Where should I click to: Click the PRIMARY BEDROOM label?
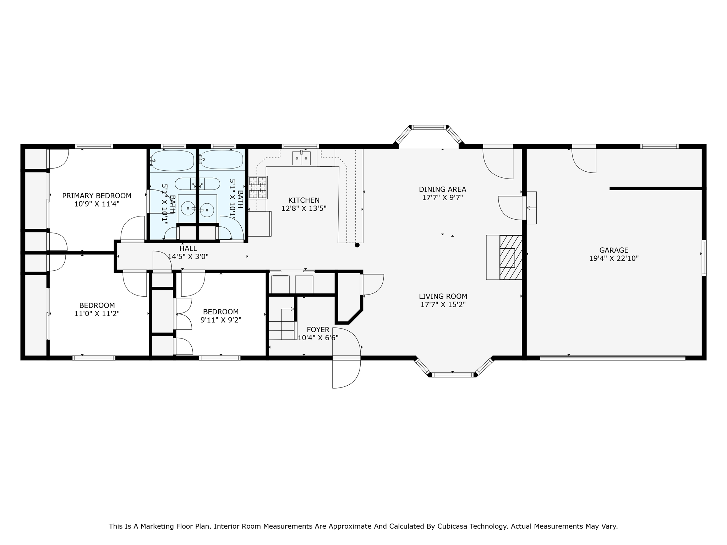pyautogui.click(x=97, y=196)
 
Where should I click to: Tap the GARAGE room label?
pyautogui.click(x=614, y=250)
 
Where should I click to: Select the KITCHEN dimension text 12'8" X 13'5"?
pyautogui.click(x=304, y=209)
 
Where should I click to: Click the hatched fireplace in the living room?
pyautogui.click(x=510, y=258)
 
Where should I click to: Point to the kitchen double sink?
pyautogui.click(x=301, y=158)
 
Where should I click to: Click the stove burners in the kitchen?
pyautogui.click(x=258, y=187)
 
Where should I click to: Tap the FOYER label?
pyautogui.click(x=318, y=330)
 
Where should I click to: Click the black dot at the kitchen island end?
pyautogui.click(x=357, y=245)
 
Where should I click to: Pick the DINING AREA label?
pyautogui.click(x=442, y=189)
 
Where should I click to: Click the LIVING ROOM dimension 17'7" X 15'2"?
pyautogui.click(x=443, y=304)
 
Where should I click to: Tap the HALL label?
pyautogui.click(x=188, y=248)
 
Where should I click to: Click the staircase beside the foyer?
pyautogui.click(x=282, y=325)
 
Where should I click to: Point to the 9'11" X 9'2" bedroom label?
pyautogui.click(x=220, y=320)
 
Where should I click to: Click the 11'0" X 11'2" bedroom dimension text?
pyautogui.click(x=97, y=314)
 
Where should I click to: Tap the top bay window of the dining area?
pyautogui.click(x=429, y=127)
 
